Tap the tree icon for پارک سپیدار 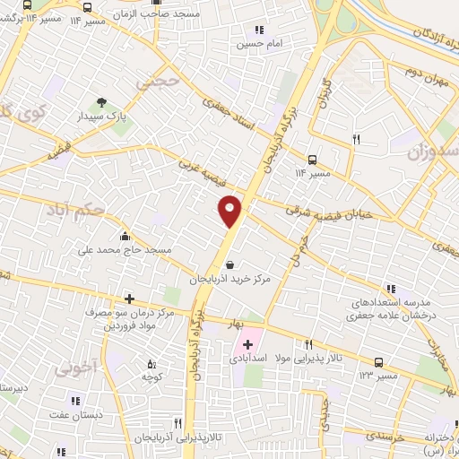pos(100,102)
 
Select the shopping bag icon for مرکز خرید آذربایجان pos(231,265)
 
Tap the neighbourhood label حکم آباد pos(74,212)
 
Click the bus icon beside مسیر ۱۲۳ pos(379,363)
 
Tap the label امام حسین pos(259,43)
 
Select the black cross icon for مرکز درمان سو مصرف pos(129,299)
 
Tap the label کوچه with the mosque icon pos(151,377)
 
